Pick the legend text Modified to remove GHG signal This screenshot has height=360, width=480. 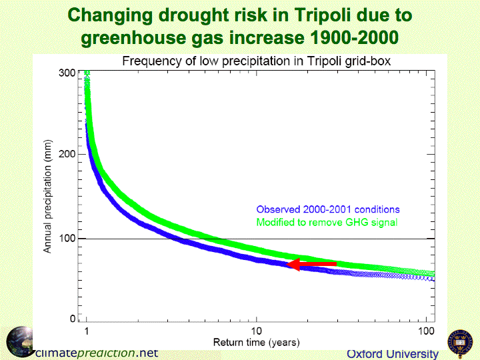327,222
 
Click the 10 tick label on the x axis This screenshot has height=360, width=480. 256,332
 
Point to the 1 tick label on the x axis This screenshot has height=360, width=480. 87,332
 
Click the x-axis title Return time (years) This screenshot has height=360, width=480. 256,343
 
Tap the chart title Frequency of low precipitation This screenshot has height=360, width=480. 255,61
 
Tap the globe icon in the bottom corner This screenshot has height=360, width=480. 20,341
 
